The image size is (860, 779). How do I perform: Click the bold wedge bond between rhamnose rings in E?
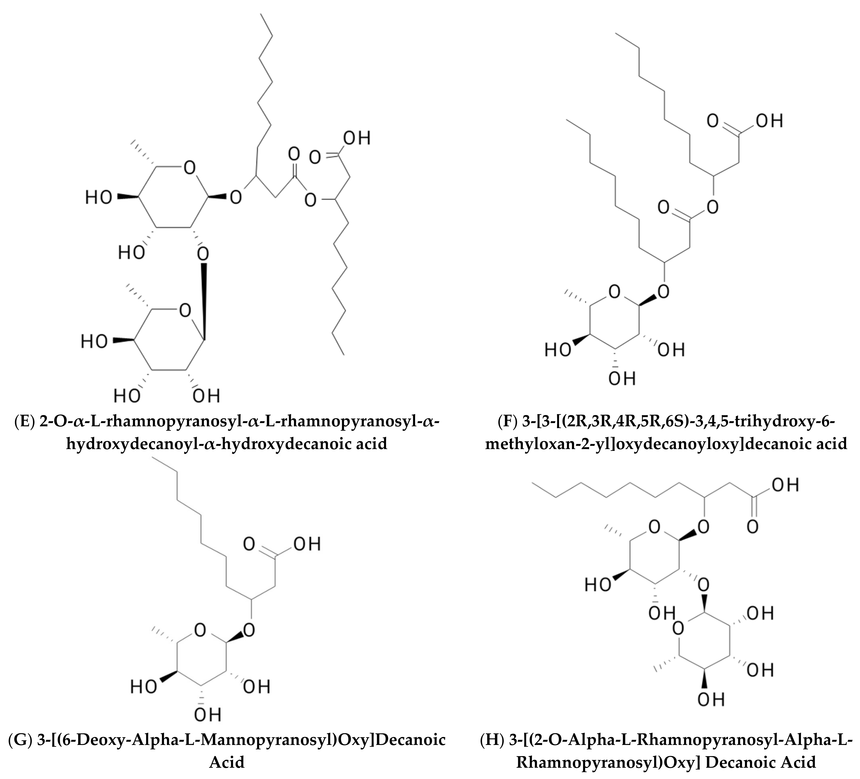204,299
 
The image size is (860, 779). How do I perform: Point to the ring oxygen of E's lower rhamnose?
185,311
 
